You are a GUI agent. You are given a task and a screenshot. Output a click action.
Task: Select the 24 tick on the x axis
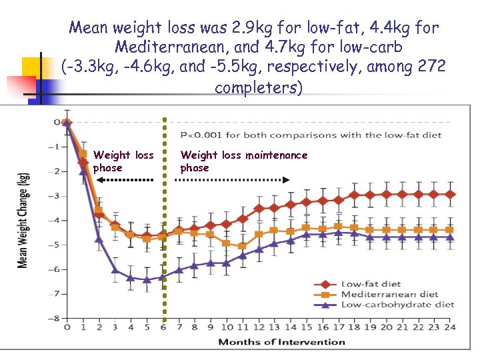pyautogui.click(x=450, y=328)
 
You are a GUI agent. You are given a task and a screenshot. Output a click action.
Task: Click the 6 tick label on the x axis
pyautogui.click(x=163, y=328)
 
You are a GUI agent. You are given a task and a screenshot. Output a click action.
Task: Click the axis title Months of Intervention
pyautogui.click(x=282, y=342)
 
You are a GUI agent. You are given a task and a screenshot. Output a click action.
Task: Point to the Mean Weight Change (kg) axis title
pyautogui.click(x=23, y=220)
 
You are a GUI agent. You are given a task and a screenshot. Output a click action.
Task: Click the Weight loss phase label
pyautogui.click(x=123, y=161)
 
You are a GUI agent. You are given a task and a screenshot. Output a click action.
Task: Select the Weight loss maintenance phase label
pyautogui.click(x=244, y=161)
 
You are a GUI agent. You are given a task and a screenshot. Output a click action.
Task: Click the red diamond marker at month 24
pyautogui.click(x=450, y=194)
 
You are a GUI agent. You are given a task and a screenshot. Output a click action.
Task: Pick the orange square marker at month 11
pyautogui.click(x=242, y=246)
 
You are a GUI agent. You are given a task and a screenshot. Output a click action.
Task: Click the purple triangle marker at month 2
pyautogui.click(x=99, y=239)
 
